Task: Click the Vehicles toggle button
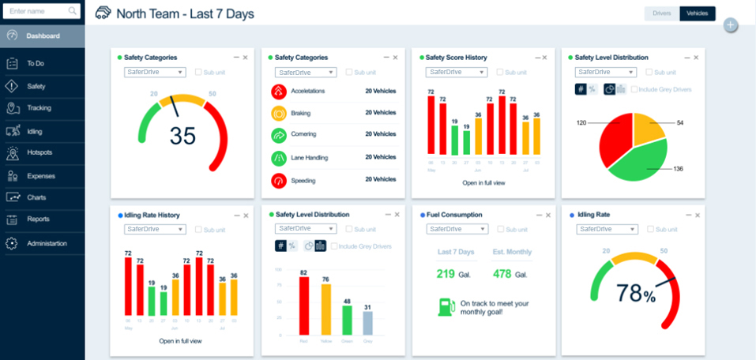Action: (697, 13)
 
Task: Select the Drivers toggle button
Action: (662, 13)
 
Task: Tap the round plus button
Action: (731, 25)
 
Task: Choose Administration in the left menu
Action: (47, 243)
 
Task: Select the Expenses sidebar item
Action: (41, 175)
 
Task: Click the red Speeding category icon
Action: (278, 181)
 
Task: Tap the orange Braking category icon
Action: (278, 114)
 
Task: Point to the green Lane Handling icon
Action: (278, 158)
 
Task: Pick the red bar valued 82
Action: (303, 306)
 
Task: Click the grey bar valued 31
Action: (367, 323)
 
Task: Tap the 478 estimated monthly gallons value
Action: (502, 274)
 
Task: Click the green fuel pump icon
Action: (446, 306)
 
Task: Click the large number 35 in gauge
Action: (182, 136)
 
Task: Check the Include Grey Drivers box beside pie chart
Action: (635, 89)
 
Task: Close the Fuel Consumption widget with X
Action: (546, 214)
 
